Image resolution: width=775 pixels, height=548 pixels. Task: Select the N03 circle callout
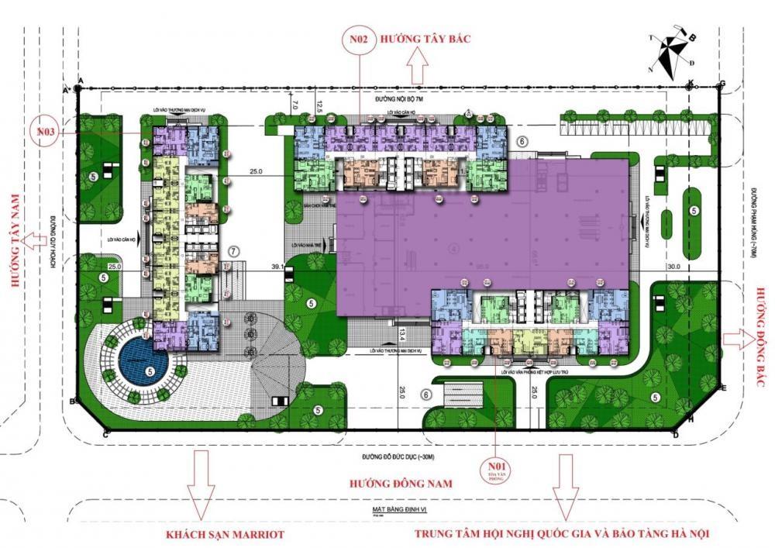[46, 133]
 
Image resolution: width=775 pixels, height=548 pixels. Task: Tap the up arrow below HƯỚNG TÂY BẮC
[418, 69]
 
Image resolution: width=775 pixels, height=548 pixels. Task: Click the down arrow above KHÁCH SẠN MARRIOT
[201, 490]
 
